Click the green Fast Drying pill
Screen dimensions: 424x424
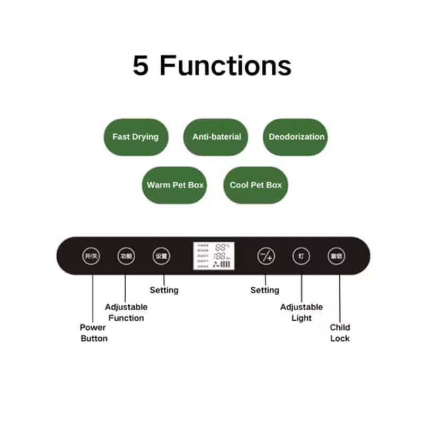point(136,137)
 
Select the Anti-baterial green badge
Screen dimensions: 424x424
point(216,137)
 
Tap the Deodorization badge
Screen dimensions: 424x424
point(296,137)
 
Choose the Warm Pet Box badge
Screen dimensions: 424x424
point(175,185)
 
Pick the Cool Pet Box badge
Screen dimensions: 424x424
point(255,185)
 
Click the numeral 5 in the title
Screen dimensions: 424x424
point(140,66)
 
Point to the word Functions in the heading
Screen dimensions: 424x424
point(225,66)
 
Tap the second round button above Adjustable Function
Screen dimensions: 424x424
point(126,257)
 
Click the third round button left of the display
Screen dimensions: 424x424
point(161,257)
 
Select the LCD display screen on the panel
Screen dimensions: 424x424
point(214,256)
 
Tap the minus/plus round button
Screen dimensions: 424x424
point(266,257)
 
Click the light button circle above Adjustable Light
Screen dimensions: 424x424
point(301,257)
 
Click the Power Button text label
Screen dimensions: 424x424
point(93,333)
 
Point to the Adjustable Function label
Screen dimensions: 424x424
point(126,312)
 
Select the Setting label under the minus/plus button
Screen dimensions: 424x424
point(264,290)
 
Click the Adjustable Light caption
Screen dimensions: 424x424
point(301,312)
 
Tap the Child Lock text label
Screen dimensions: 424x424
point(340,333)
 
